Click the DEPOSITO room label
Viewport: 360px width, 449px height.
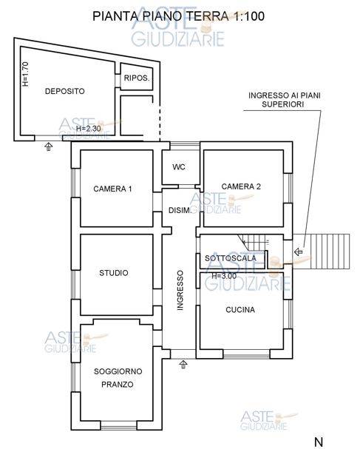point(65,91)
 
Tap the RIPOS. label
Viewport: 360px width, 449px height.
point(137,78)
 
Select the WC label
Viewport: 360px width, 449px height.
point(179,166)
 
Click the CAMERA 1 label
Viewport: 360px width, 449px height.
point(112,189)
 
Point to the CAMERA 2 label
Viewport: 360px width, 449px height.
point(241,186)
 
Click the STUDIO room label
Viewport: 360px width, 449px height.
point(114,273)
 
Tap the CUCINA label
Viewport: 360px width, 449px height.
point(240,309)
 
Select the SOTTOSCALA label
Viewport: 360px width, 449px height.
point(231,258)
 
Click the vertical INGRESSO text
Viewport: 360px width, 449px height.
point(180,291)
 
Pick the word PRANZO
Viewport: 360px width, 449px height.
point(118,385)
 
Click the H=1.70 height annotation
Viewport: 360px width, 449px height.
point(25,74)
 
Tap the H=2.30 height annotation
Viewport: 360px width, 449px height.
point(89,129)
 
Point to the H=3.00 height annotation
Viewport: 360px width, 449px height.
point(224,276)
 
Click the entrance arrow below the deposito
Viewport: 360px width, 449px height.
point(49,147)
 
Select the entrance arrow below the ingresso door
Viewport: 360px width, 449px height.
point(183,365)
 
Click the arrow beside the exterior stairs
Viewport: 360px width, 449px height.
point(299,252)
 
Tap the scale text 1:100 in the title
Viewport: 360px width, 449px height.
point(249,16)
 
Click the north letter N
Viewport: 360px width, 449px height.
point(319,442)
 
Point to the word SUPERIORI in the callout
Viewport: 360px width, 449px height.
point(282,104)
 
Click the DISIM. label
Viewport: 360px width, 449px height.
point(180,211)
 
